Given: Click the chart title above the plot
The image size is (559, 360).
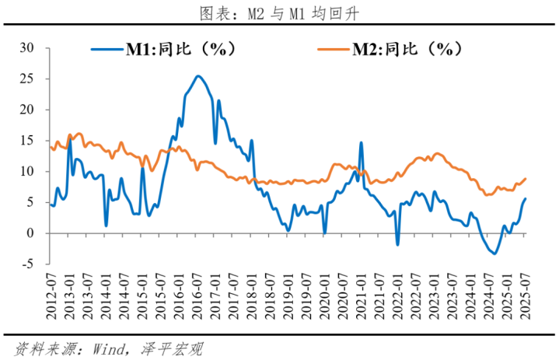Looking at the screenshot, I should (279, 13).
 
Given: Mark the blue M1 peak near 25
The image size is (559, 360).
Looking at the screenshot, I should (197, 76).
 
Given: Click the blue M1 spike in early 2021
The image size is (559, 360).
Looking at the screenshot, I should (361, 142).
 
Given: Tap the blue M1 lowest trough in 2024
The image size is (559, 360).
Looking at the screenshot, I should (493, 253).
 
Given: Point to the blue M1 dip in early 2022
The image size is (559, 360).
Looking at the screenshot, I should (397, 244).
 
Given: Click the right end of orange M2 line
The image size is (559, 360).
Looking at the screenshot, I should (526, 178).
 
